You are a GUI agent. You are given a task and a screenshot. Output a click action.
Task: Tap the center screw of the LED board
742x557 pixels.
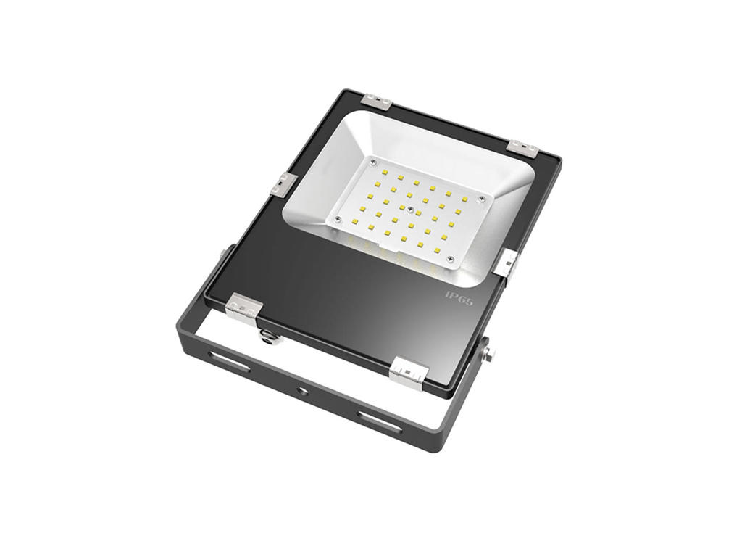(x=411, y=211)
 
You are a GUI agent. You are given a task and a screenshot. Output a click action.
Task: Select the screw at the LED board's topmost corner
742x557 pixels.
(x=372, y=160)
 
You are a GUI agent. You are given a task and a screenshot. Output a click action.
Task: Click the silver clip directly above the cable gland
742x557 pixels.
(x=243, y=306)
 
